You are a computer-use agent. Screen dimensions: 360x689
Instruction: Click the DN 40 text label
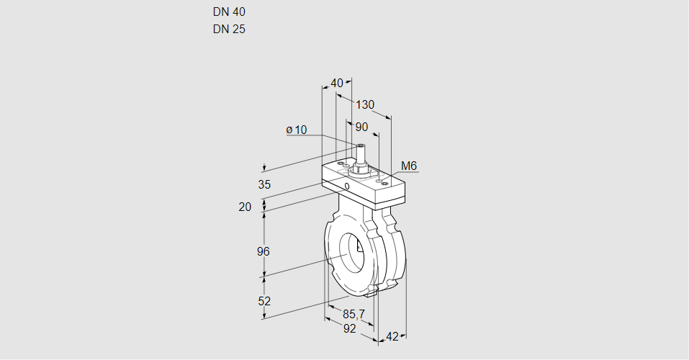point(229,12)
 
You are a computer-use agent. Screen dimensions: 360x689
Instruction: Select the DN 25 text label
point(229,30)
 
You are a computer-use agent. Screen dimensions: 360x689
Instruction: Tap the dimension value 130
point(365,105)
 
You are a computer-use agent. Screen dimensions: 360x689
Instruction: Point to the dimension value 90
point(361,127)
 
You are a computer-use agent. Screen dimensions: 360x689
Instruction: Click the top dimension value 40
point(337,83)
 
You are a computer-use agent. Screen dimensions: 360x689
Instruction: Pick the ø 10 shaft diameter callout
point(297,130)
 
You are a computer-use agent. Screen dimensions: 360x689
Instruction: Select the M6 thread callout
point(409,166)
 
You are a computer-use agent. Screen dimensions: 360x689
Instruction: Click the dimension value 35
point(264,184)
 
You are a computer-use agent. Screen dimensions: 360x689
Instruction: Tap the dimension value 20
point(246,207)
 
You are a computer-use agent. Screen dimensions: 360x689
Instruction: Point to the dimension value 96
point(264,251)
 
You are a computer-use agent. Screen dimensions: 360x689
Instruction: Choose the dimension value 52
point(264,301)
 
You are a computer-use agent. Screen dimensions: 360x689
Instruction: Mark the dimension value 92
point(349,328)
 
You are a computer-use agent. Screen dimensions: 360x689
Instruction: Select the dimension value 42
point(392,336)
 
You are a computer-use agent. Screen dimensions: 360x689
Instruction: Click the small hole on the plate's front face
point(347,186)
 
